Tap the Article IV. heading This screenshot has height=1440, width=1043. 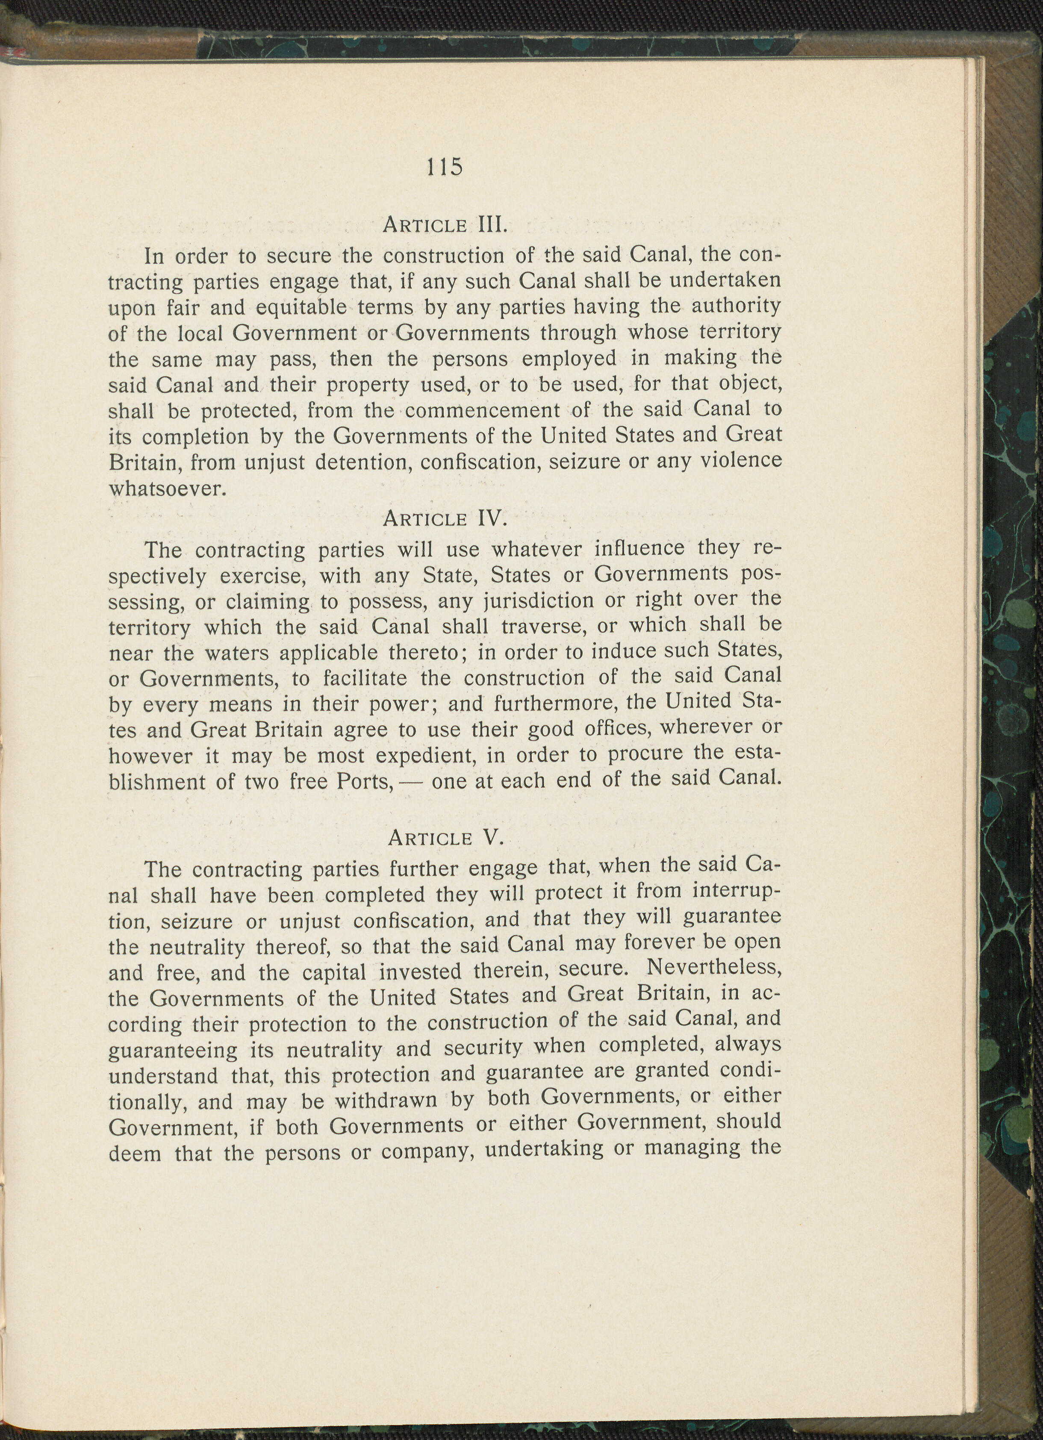pyautogui.click(x=445, y=519)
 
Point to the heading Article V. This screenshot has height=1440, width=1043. pyautogui.click(x=445, y=838)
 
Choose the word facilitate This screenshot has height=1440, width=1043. pyautogui.click(x=365, y=679)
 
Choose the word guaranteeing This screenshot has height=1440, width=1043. pyautogui.click(x=173, y=1051)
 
